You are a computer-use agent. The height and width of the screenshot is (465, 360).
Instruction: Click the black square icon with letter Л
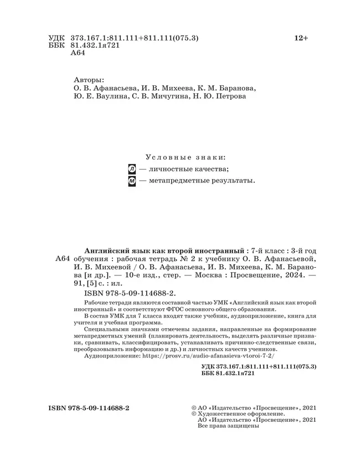[x=132, y=169]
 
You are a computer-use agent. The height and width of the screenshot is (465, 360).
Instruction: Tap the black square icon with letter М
[x=132, y=181]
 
